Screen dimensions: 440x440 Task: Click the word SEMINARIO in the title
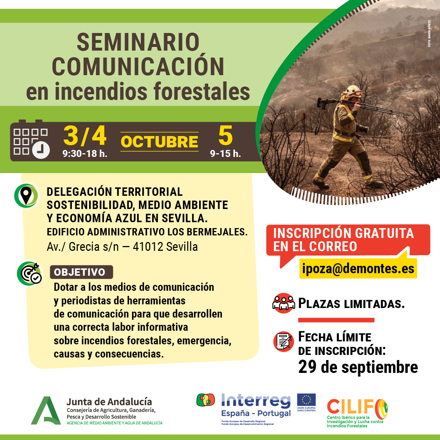(x=138, y=42)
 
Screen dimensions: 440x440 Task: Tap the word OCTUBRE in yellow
(x=159, y=142)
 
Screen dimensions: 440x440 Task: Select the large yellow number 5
(x=225, y=136)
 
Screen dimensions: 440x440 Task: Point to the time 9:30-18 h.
(x=85, y=153)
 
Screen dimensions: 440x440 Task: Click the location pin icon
(x=26, y=195)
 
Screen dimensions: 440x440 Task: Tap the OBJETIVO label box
(x=81, y=272)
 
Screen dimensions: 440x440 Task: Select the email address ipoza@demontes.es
(x=358, y=268)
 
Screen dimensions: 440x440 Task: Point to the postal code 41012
(x=148, y=247)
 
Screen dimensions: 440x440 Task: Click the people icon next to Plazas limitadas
(x=283, y=303)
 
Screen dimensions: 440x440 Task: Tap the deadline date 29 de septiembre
(x=358, y=367)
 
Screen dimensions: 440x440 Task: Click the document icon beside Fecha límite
(x=283, y=341)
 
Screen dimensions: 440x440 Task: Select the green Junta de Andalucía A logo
(x=45, y=411)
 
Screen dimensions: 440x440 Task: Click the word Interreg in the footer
(x=256, y=401)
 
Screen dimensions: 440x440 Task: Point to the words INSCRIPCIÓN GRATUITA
(x=343, y=233)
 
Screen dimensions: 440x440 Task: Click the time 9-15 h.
(x=225, y=154)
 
